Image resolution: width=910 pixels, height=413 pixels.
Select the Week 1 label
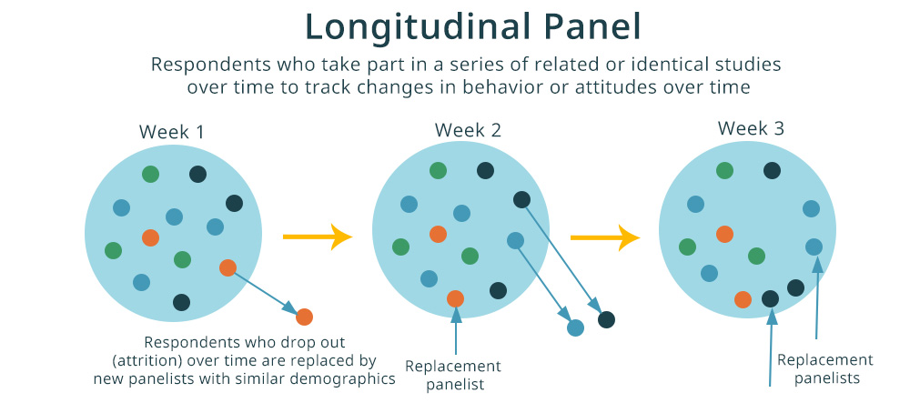click(x=171, y=132)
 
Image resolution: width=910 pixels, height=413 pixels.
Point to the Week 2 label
click(x=468, y=129)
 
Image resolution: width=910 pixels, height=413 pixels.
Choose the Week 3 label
click(x=751, y=128)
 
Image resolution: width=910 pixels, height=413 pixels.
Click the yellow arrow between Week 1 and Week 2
click(x=317, y=237)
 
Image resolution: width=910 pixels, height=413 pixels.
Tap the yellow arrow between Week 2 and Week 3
click(x=604, y=238)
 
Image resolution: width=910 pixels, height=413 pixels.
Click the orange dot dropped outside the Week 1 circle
click(x=304, y=317)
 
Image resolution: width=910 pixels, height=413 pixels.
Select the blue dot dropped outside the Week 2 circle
click(x=575, y=328)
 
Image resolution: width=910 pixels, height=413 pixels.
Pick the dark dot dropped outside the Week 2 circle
click(x=606, y=319)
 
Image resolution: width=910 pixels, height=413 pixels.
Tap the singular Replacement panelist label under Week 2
click(x=452, y=375)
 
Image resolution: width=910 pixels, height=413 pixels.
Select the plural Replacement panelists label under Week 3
click(x=824, y=368)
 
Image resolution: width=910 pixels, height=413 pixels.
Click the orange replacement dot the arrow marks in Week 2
click(x=455, y=298)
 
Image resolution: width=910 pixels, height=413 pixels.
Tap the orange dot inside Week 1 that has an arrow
click(x=227, y=267)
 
